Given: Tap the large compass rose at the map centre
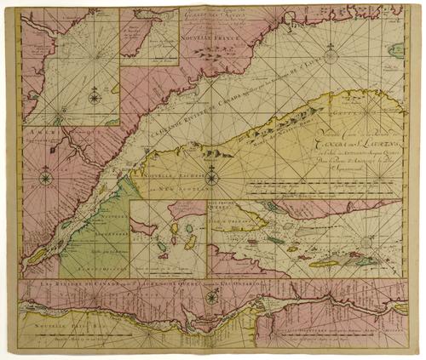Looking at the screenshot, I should (x=212, y=178).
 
